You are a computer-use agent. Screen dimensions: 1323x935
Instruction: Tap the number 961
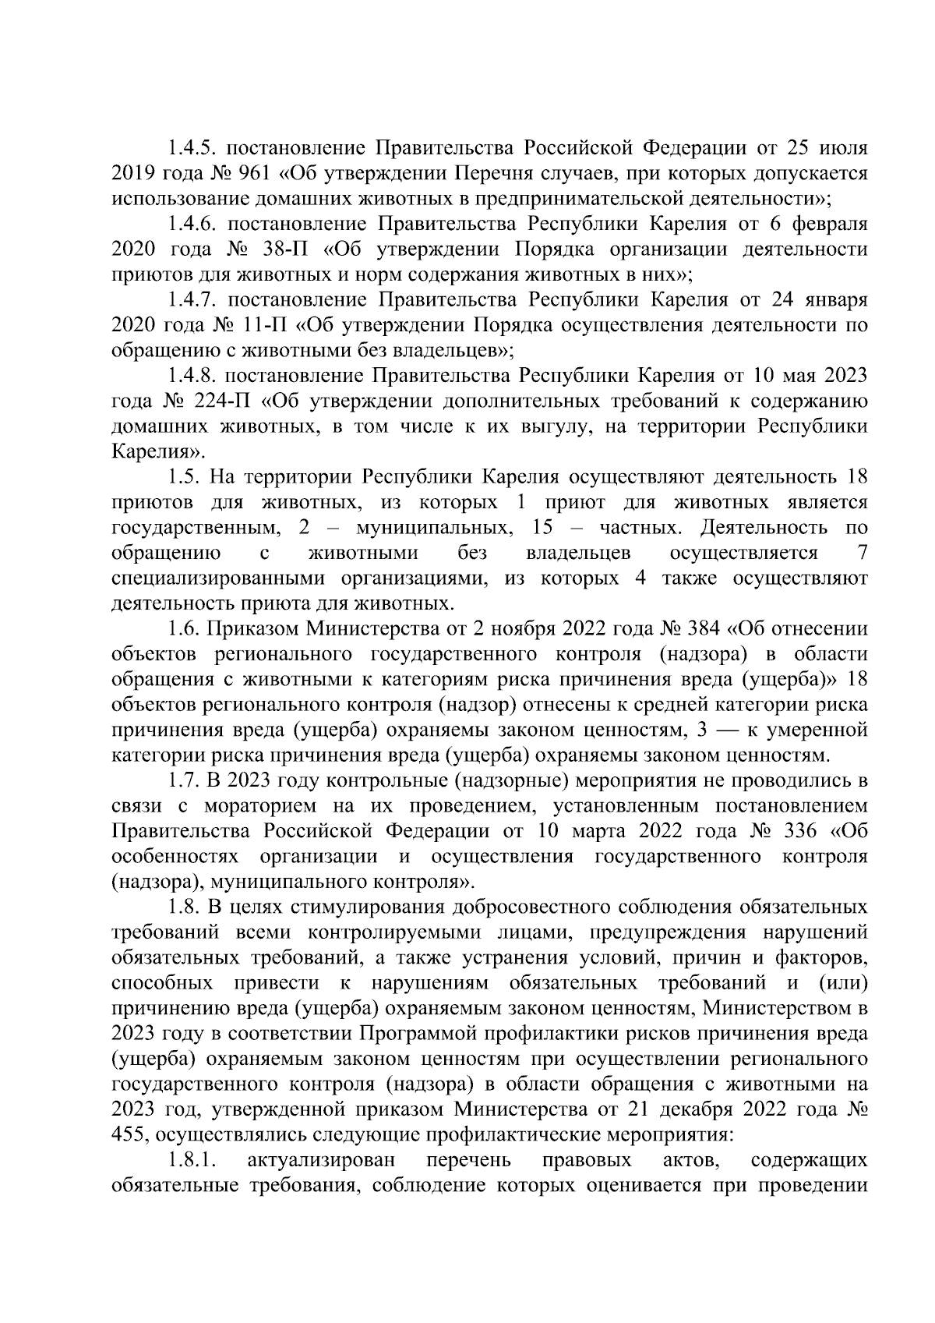tap(276, 172)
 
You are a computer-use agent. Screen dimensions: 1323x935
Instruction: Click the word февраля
tap(828, 224)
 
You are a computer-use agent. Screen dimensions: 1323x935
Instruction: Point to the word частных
tap(640, 528)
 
